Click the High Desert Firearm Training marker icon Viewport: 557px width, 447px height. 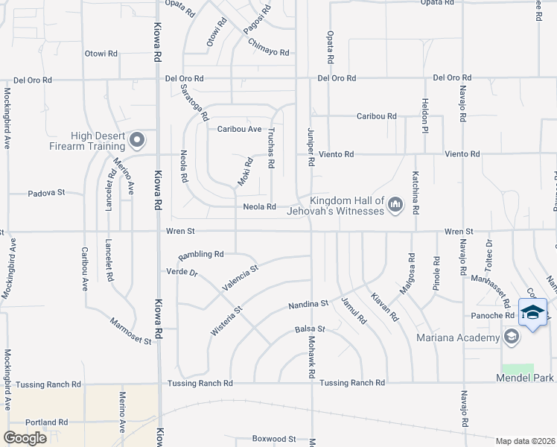pos(136,139)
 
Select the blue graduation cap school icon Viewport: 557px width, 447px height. pos(532,313)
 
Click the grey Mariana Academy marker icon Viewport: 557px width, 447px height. pos(511,337)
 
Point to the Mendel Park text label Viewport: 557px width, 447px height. pos(525,378)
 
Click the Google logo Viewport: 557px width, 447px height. pos(25,437)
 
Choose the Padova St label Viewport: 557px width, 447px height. pos(46,192)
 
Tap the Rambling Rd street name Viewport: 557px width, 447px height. pos(200,254)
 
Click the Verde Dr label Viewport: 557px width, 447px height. pos(182,272)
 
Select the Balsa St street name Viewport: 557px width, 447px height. pos(310,329)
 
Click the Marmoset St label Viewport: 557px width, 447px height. pos(130,331)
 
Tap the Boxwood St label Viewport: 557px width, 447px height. pos(274,439)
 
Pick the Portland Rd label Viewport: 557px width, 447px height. pos(46,422)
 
